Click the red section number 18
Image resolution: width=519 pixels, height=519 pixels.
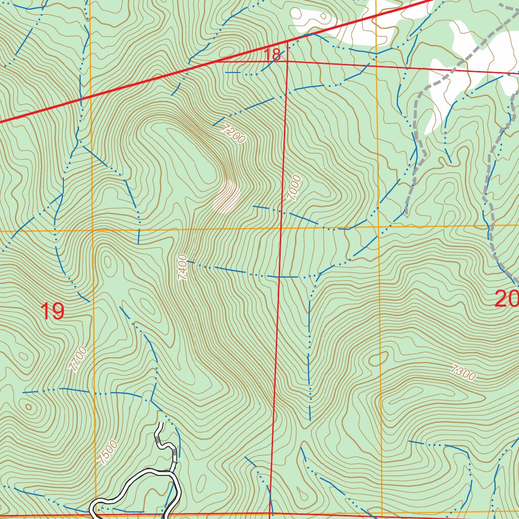[x=273, y=55]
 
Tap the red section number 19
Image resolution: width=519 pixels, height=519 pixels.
[x=52, y=311]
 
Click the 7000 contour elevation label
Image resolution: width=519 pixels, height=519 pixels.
[x=293, y=188]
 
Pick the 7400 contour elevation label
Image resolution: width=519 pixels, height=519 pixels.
[x=183, y=268]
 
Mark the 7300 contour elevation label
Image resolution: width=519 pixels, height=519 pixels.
[x=463, y=373]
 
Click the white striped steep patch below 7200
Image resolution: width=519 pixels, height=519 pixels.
[x=227, y=197]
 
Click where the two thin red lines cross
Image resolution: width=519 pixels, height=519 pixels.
[x=287, y=61]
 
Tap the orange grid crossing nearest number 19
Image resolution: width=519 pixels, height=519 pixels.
[x=92, y=231]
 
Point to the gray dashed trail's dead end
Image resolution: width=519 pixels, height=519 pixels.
[x=406, y=214]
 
